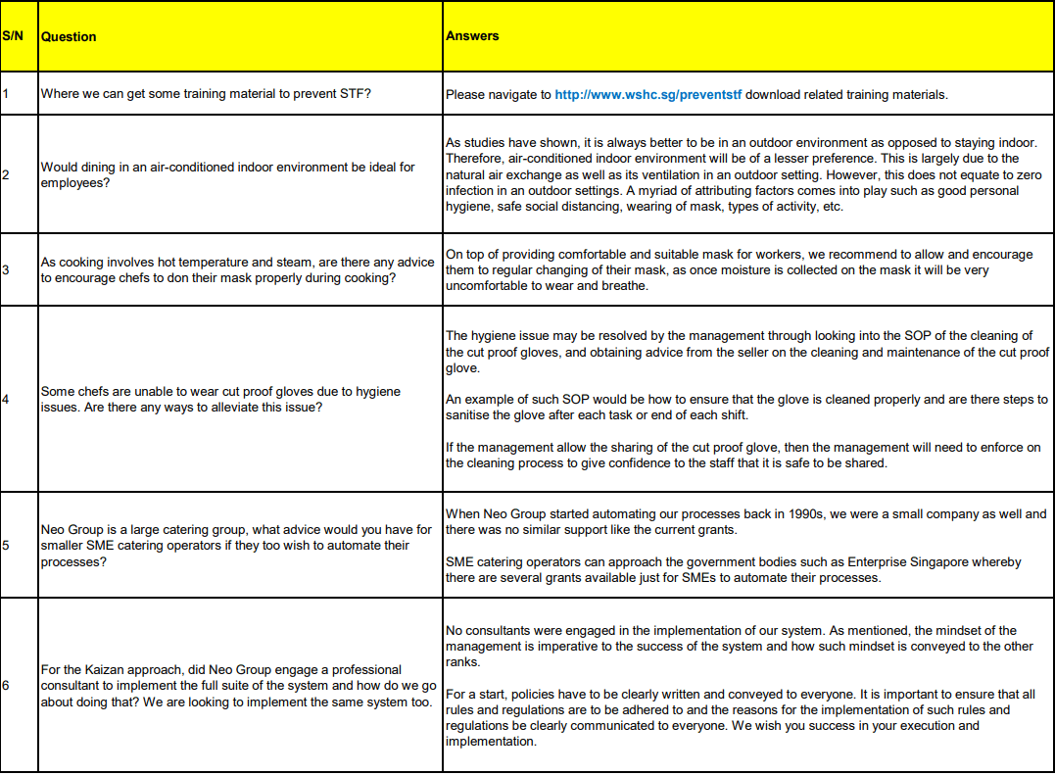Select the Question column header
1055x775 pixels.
pos(69,36)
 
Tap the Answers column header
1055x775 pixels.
pos(472,36)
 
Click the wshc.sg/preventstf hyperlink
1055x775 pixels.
pos(647,95)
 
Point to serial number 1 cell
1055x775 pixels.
pos(6,95)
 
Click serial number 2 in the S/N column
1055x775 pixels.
pos(6,174)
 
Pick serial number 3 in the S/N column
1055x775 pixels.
pos(6,269)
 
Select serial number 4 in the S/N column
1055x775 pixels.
pos(6,399)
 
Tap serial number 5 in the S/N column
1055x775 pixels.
pos(6,545)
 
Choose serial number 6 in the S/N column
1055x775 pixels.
pos(6,685)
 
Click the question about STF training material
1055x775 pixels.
pos(206,95)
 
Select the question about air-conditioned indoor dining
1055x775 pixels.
pos(227,174)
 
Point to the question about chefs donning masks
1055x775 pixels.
pos(237,269)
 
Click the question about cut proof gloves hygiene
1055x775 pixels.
pos(220,399)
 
